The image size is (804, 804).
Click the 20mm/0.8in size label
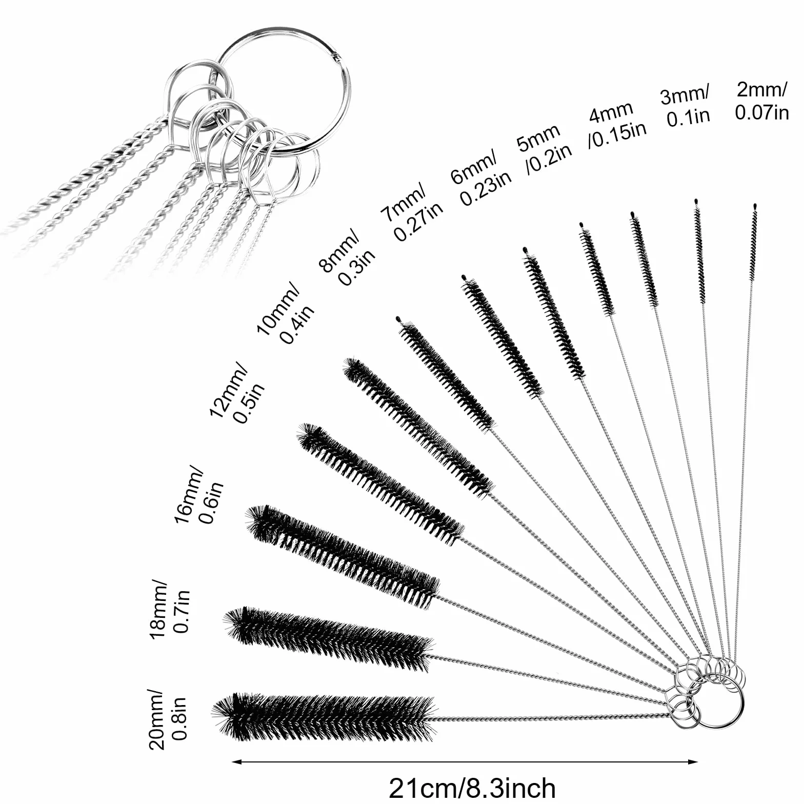tap(168, 718)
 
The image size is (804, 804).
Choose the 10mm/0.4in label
tap(285, 313)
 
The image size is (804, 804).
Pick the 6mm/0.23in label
tap(480, 177)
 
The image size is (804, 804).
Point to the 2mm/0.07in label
tap(761, 101)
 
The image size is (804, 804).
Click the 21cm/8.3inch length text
tap(471, 788)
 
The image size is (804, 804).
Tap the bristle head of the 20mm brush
tap(324, 717)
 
